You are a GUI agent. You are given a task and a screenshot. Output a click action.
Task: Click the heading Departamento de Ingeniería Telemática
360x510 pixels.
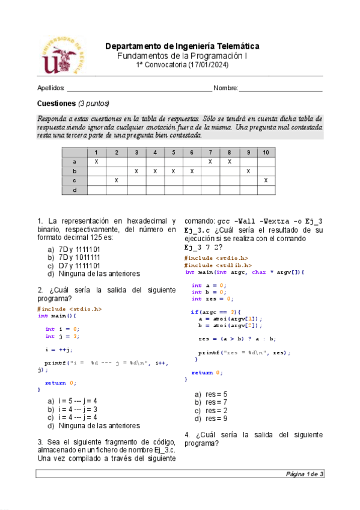(182, 46)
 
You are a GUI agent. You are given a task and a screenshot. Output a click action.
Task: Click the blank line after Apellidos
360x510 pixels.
(138, 89)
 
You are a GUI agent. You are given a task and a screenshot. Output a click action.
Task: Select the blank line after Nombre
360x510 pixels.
(281, 89)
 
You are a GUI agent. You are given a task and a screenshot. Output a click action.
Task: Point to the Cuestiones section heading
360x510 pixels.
(56, 103)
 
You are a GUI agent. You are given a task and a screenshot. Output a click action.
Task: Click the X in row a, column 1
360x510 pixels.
(96, 162)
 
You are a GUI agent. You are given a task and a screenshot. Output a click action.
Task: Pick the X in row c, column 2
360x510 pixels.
(117, 180)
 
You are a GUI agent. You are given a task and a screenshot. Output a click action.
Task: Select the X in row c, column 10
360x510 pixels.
(266, 180)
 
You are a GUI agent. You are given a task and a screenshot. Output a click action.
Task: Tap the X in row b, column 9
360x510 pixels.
(248, 171)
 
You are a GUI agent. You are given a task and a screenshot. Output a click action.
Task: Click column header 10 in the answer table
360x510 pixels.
(266, 153)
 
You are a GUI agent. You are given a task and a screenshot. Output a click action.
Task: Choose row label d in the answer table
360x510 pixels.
(75, 190)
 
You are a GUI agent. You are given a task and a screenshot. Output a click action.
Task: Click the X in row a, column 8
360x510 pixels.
(229, 162)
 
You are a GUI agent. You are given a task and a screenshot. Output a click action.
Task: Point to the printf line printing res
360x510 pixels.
(244, 352)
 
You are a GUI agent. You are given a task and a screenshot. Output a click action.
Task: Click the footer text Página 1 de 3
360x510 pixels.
(305, 475)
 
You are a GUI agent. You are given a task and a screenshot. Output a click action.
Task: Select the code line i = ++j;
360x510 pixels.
(59, 349)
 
